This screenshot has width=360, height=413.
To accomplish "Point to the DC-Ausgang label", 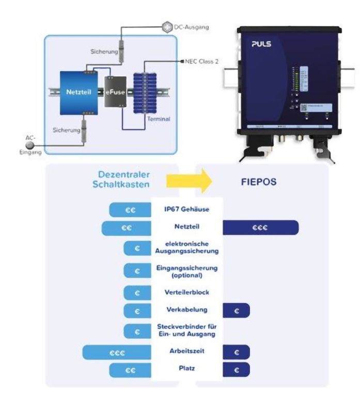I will coord(192,27).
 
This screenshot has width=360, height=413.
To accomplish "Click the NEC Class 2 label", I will coord(202,61).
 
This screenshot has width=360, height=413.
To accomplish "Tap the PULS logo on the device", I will coord(261,44).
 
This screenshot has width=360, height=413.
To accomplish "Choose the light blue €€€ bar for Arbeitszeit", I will coord(117,353).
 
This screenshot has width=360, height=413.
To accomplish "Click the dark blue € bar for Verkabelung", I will coord(237,310).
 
